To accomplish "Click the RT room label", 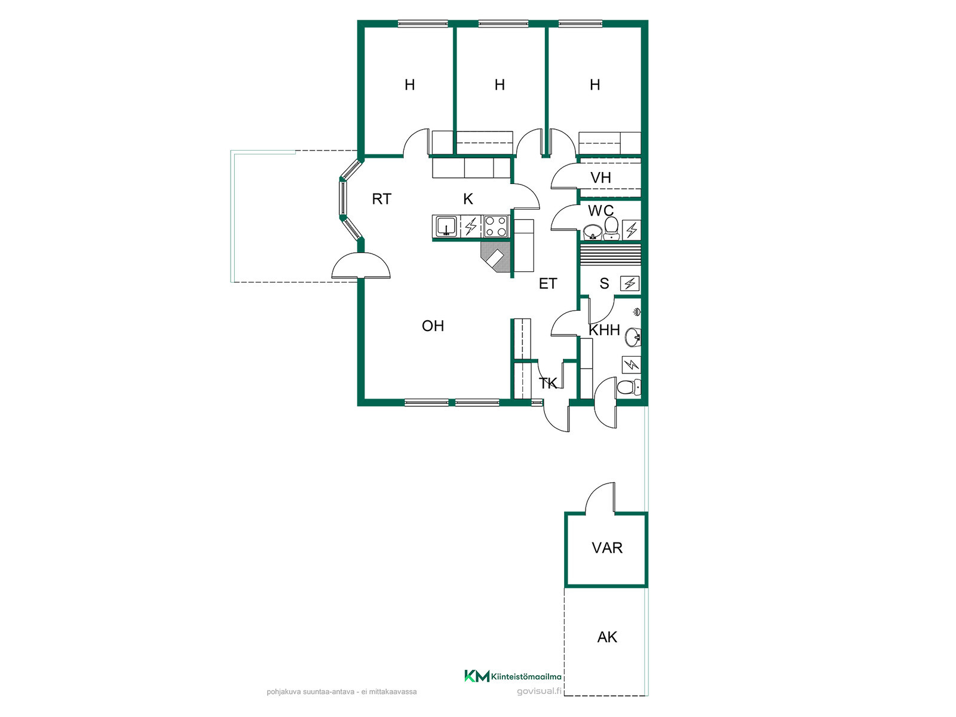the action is point(382,199).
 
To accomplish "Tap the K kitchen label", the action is point(468,199).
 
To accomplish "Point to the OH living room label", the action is point(433,326).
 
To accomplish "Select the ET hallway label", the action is point(547,283).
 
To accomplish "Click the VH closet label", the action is point(600,177).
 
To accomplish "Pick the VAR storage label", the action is point(607,548).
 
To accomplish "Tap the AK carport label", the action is point(607,638).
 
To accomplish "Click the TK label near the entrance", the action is point(547,383).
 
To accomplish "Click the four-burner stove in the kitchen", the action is point(496,226).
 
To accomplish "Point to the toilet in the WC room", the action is point(611,229).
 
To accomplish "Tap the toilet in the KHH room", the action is point(629,387).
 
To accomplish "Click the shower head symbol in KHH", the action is point(637,312).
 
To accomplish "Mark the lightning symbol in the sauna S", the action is point(630,284).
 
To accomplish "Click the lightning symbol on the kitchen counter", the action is point(470,226).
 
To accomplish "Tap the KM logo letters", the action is point(477,676).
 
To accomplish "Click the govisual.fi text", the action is point(539,691).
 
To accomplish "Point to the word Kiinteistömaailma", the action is point(526,677).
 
